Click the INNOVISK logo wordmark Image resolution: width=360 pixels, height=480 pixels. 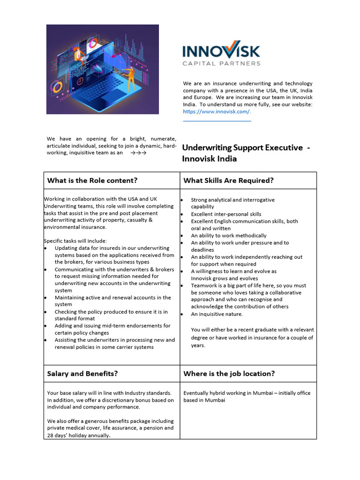221,51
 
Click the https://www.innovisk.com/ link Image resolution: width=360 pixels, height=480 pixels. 217,112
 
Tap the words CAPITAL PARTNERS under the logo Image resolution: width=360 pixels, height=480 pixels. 221,63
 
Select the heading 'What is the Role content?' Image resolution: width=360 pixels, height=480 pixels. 92,180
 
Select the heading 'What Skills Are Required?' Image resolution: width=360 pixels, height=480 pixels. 228,180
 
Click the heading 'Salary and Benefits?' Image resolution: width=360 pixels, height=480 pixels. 82,374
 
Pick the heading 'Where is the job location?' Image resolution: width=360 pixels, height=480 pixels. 229,374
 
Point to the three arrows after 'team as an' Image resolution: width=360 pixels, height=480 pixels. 138,153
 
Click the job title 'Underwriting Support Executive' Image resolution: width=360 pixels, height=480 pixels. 242,148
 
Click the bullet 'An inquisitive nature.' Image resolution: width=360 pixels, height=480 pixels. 217,314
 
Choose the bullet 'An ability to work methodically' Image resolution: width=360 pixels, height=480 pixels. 228,236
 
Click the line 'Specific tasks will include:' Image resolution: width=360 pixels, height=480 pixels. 75,241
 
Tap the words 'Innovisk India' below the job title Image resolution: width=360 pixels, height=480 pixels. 209,159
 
